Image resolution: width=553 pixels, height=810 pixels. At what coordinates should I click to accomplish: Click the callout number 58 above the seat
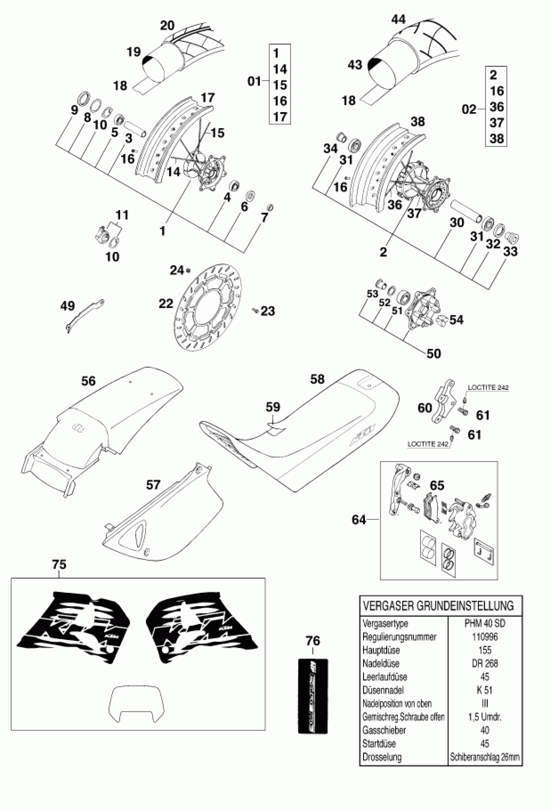(317, 379)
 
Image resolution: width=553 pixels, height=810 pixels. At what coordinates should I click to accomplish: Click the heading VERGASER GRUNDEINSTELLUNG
(438, 606)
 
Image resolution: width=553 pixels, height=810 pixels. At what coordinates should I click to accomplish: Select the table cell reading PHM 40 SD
(485, 623)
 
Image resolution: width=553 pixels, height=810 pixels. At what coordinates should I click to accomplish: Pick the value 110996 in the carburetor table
(485, 637)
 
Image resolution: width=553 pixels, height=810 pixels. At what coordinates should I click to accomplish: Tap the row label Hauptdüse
(381, 650)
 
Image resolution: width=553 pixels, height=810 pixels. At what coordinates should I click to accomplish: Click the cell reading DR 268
(485, 663)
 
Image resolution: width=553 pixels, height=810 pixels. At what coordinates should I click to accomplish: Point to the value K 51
(485, 690)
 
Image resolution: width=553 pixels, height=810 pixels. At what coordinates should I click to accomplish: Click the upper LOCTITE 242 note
(488, 388)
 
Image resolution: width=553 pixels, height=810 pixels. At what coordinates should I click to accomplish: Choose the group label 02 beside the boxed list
(469, 110)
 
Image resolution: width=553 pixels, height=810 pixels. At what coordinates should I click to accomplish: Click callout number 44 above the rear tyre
(398, 20)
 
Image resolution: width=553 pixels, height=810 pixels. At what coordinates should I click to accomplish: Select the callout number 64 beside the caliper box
(359, 520)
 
